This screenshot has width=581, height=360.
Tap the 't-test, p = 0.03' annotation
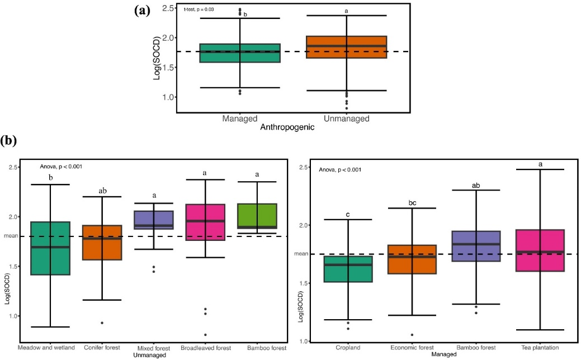200,10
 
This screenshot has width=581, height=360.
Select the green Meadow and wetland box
50,248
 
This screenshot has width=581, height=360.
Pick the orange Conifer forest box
103,243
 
